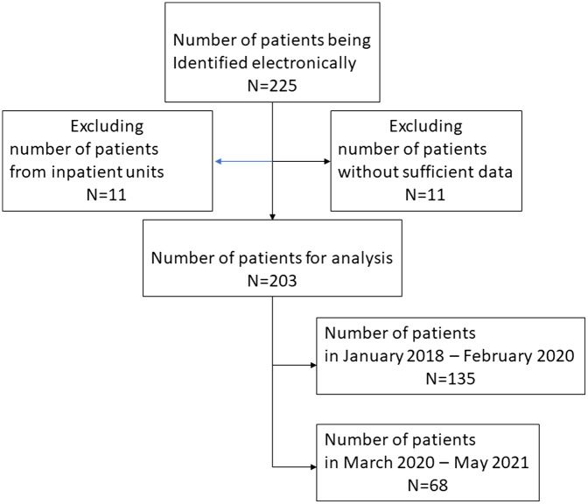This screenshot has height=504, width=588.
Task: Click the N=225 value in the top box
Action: [x=272, y=86]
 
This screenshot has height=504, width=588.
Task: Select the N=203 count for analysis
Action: [x=272, y=281]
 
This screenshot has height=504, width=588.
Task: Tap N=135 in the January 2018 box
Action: [x=451, y=379]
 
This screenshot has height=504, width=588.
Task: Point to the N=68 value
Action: [x=428, y=486]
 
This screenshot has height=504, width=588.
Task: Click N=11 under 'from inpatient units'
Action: [x=107, y=195]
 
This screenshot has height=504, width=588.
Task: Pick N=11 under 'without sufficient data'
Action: [x=425, y=195]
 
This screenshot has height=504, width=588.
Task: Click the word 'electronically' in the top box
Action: [x=304, y=63]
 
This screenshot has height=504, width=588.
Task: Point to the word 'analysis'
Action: [x=362, y=258]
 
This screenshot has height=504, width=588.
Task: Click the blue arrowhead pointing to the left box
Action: [x=218, y=162]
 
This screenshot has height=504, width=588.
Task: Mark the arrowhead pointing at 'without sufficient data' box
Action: [x=327, y=162]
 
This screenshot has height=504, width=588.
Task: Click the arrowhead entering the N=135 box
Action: [x=313, y=365]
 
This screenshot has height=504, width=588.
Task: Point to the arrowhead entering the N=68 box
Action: [x=313, y=467]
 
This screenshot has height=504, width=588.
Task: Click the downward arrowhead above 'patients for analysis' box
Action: [x=273, y=217]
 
